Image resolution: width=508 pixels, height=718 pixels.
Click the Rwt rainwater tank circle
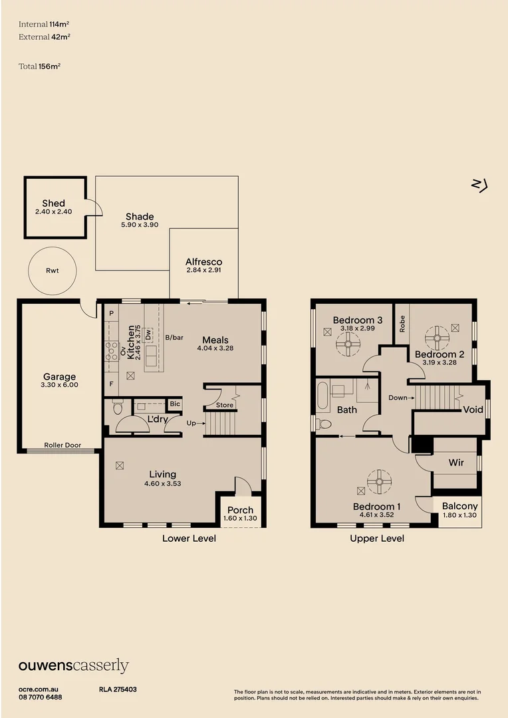(53, 271)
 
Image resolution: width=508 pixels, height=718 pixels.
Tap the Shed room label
(53, 203)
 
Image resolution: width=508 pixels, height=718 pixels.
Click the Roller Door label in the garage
(63, 445)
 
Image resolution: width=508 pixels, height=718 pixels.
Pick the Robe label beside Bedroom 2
(401, 324)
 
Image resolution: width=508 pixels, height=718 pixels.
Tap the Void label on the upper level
(473, 410)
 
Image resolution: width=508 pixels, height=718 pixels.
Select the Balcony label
(459, 506)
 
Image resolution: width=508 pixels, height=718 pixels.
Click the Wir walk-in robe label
(455, 462)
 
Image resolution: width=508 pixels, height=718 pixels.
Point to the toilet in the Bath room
(324, 423)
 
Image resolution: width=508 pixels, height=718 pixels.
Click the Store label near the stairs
(225, 405)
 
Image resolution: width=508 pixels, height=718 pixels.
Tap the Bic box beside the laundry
(174, 404)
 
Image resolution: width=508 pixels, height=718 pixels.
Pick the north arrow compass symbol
(479, 185)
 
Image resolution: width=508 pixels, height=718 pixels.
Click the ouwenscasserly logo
(73, 665)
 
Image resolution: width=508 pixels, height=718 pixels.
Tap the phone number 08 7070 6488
(41, 697)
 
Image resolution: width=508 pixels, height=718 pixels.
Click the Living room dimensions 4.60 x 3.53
(162, 483)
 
